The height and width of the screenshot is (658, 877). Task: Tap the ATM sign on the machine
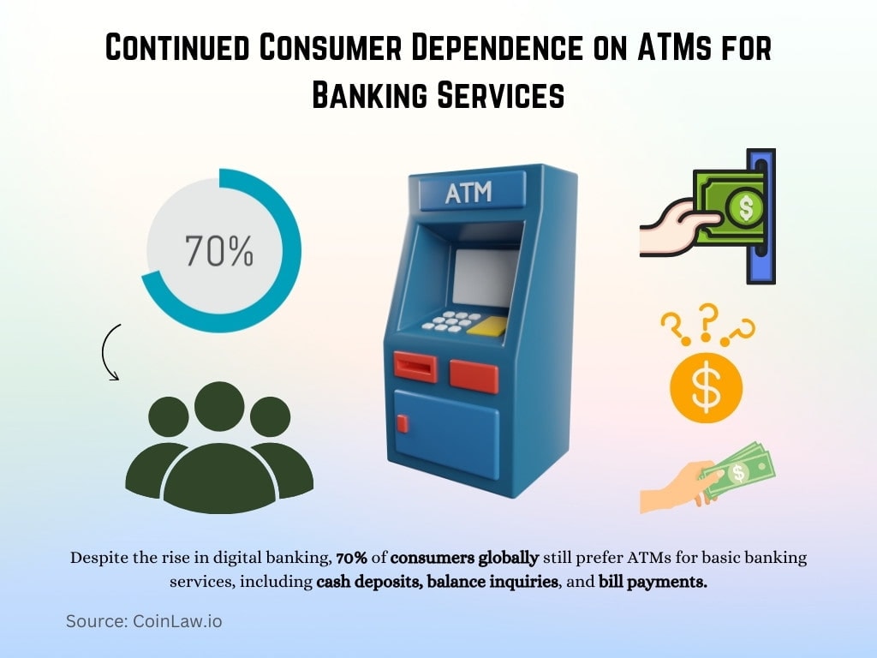[x=469, y=192]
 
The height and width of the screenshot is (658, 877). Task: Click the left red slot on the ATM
[x=415, y=366]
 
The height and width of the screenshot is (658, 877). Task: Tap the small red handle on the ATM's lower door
[x=403, y=422]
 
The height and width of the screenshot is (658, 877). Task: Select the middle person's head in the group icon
[x=219, y=406]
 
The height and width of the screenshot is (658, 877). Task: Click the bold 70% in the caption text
[x=352, y=558]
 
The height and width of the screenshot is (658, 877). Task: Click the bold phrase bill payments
[x=653, y=581]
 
